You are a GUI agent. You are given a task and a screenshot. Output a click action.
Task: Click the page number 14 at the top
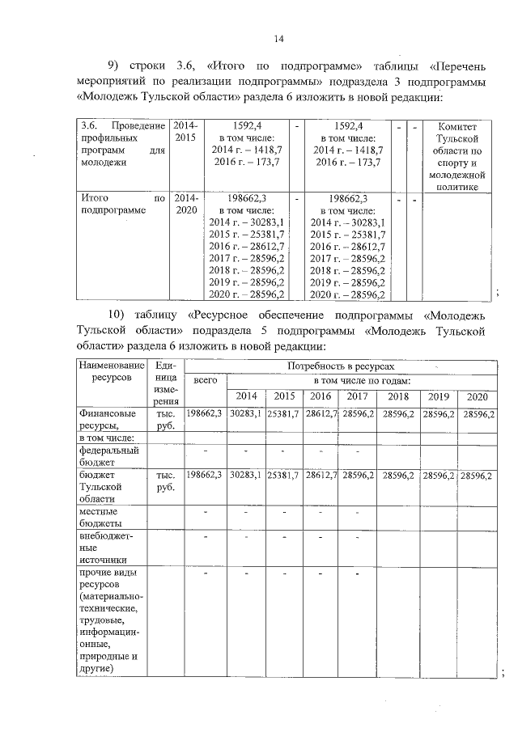[278, 38]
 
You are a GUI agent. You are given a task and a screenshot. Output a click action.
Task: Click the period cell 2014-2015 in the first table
[185, 133]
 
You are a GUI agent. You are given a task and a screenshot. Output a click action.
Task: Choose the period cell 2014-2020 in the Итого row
[185, 204]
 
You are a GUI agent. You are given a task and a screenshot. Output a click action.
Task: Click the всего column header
[206, 380]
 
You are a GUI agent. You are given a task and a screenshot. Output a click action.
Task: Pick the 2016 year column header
[321, 396]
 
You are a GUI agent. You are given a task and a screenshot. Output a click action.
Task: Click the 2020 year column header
[477, 396]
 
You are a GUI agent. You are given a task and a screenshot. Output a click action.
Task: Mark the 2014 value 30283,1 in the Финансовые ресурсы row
[245, 413]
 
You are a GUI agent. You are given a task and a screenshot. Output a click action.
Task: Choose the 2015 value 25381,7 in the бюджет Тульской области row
[284, 476]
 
